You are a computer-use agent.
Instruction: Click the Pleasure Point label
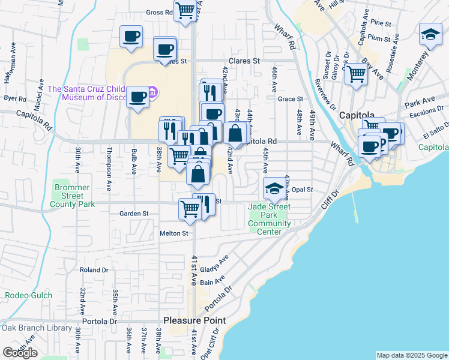coord(195,320)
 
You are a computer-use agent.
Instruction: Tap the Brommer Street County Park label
coord(72,196)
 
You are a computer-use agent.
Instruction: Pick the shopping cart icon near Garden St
coord(190,209)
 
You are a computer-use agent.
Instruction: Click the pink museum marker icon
coord(153,92)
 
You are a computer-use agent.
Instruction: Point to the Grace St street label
coord(290,99)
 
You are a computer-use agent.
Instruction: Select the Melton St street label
coord(173,233)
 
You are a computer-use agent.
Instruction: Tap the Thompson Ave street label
coord(109,161)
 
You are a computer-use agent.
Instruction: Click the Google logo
coord(20,352)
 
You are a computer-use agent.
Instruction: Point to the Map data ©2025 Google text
coord(411,355)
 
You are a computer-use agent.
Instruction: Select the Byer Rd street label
coord(15,98)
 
